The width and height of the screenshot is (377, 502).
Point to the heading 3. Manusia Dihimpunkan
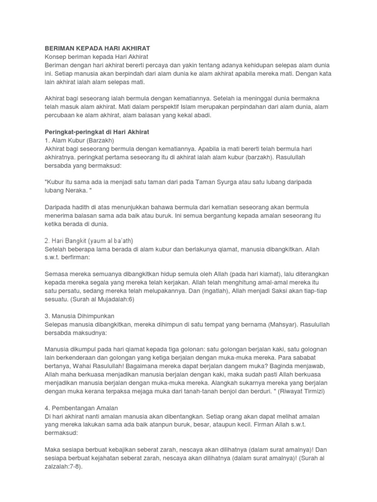[80, 316]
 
